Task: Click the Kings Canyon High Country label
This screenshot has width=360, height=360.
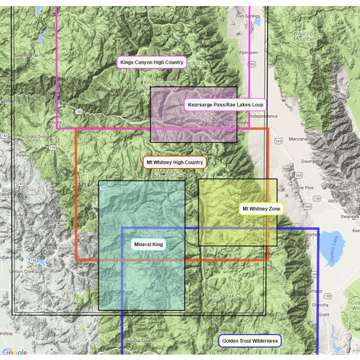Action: (x=152, y=62)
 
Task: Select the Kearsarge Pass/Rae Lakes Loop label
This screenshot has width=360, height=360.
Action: (x=225, y=104)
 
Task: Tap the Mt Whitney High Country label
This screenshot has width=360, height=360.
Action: (x=175, y=162)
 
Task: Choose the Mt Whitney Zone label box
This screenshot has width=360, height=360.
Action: (x=260, y=209)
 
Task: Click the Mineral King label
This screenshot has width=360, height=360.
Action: (x=148, y=245)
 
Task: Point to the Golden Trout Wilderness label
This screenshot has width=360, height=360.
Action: (x=250, y=341)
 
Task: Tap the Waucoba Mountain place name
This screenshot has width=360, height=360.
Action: (x=304, y=36)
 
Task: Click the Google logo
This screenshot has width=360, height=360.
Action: (x=14, y=353)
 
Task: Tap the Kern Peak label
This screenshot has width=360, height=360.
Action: (x=221, y=296)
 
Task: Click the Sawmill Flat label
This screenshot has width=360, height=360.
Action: (x=26, y=55)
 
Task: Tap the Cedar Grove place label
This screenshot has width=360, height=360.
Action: (x=127, y=120)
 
